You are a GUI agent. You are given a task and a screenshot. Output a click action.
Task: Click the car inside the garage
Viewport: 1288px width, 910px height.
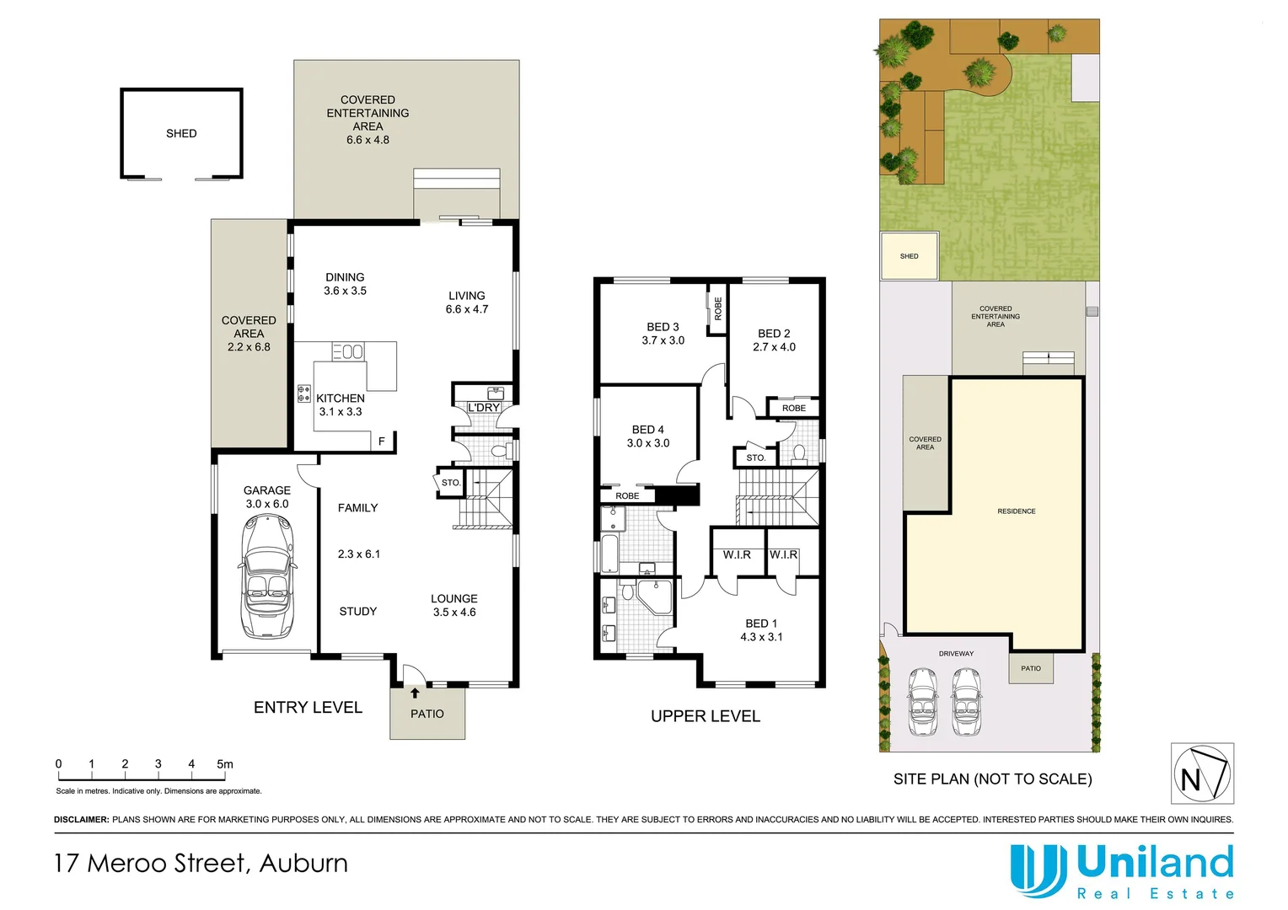pyautogui.click(x=267, y=578)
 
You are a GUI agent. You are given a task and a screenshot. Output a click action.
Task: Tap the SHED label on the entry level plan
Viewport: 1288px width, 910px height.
pyautogui.click(x=181, y=133)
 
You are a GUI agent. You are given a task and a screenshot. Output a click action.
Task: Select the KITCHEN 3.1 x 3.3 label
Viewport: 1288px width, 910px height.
pyautogui.click(x=341, y=405)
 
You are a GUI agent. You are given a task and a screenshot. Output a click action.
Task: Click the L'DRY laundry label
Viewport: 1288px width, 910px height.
pyautogui.click(x=484, y=408)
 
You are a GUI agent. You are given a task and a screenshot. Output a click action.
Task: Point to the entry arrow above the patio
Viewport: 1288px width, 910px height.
pyautogui.click(x=415, y=693)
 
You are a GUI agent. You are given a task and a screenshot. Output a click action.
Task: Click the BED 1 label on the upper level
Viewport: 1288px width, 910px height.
pyautogui.click(x=761, y=630)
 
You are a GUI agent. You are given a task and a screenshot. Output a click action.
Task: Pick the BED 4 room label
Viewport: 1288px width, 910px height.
pyautogui.click(x=648, y=436)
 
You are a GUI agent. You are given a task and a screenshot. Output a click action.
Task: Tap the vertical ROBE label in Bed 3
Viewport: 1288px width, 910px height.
pyautogui.click(x=718, y=308)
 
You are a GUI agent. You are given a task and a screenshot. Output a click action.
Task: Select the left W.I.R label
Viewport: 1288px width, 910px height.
pyautogui.click(x=737, y=554)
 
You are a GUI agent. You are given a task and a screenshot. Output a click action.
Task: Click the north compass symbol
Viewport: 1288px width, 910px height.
pyautogui.click(x=1202, y=773)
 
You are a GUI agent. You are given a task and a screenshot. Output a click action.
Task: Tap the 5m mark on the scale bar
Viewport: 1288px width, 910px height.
pyautogui.click(x=224, y=764)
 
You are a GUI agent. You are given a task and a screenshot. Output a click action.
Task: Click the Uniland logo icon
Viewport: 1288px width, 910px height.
pyautogui.click(x=1038, y=870)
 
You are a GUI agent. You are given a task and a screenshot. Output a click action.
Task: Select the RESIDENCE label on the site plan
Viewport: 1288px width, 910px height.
pyautogui.click(x=1016, y=511)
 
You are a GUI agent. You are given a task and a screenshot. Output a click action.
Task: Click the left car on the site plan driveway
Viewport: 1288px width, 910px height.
pyautogui.click(x=923, y=702)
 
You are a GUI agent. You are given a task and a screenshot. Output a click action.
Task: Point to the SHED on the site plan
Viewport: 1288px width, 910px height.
pyautogui.click(x=909, y=256)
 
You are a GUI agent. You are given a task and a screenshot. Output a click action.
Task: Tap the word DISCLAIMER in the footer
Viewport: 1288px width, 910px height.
pyautogui.click(x=81, y=819)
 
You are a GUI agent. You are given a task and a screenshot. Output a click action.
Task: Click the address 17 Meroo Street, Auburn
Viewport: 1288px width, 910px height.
pyautogui.click(x=201, y=864)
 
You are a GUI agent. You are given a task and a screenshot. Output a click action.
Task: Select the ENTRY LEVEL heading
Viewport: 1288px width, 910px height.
pyautogui.click(x=308, y=708)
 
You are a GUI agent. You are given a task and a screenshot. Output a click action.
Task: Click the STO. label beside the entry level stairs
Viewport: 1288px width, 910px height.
pyautogui.click(x=451, y=483)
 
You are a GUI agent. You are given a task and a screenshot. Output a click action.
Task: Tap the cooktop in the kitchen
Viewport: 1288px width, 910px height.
pyautogui.click(x=304, y=393)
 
